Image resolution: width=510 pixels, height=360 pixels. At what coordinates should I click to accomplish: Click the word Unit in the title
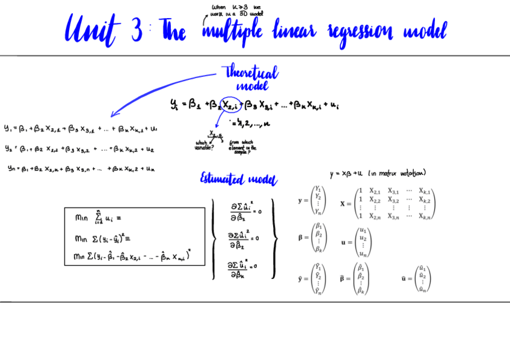(x=90, y=30)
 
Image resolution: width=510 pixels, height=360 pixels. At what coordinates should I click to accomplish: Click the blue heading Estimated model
(x=239, y=179)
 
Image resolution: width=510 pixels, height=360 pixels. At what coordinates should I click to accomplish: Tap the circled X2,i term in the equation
(x=230, y=105)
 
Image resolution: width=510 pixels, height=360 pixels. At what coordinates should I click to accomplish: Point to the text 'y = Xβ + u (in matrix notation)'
(x=378, y=174)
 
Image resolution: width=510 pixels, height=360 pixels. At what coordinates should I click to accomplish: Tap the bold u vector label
(x=344, y=242)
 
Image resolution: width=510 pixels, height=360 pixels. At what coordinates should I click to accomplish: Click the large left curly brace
(x=214, y=239)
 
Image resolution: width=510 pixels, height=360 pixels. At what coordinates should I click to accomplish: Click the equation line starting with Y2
(x=79, y=148)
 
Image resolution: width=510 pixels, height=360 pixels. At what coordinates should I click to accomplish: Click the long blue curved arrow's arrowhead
(x=114, y=114)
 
